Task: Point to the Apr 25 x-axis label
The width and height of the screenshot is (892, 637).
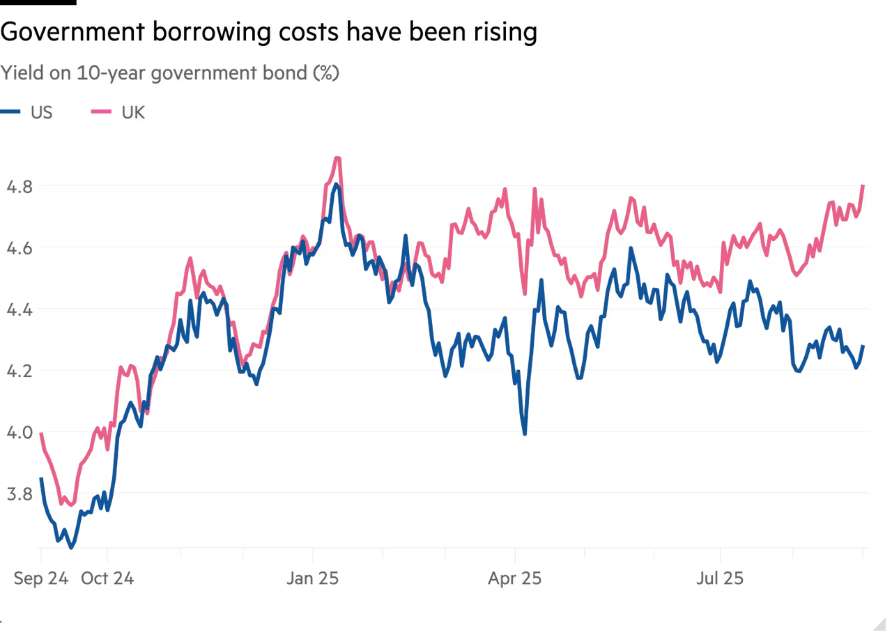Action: [515, 578]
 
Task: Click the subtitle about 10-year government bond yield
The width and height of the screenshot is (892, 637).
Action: [171, 73]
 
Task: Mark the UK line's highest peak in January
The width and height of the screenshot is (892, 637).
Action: [338, 157]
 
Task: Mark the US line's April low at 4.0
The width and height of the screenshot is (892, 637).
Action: [525, 433]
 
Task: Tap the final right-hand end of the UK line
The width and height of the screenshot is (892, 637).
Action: [864, 185]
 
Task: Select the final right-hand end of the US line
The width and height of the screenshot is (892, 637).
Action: [864, 345]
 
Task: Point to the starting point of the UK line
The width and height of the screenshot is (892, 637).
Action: [40, 433]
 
